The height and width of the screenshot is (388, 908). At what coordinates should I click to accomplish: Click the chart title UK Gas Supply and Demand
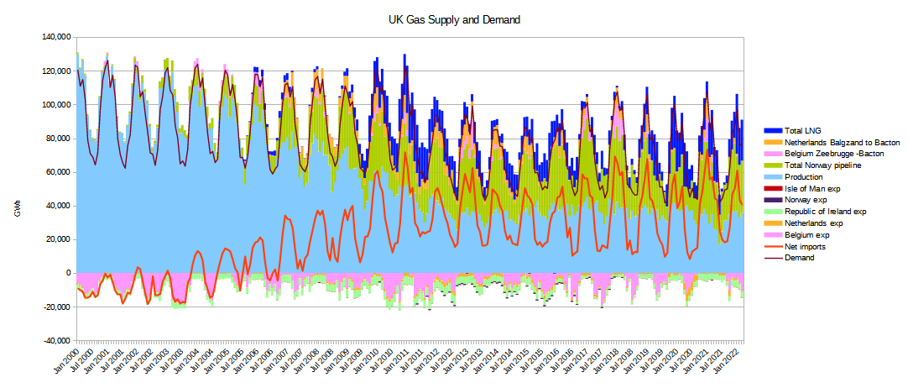click(x=455, y=19)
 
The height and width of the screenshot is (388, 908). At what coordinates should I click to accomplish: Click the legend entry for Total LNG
click(x=802, y=131)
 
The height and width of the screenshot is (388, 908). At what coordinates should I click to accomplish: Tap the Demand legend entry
click(x=800, y=258)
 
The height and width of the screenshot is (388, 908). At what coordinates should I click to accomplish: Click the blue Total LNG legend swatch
click(x=772, y=131)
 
